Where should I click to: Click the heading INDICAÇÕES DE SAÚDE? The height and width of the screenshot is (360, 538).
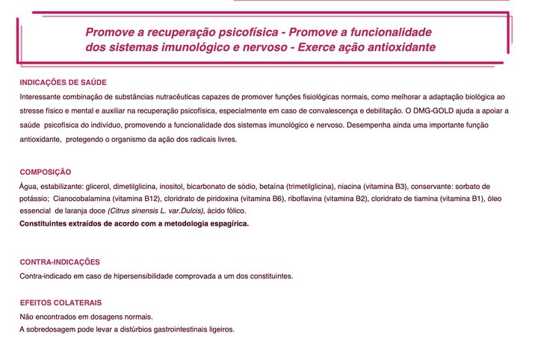coord(63,82)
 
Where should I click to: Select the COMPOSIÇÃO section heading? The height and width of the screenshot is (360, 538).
coord(46,172)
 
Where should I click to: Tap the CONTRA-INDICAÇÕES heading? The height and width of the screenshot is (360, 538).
coord(60,262)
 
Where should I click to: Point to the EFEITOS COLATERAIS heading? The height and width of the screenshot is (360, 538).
coord(61,303)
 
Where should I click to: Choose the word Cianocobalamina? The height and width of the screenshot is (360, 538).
coord(82,199)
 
